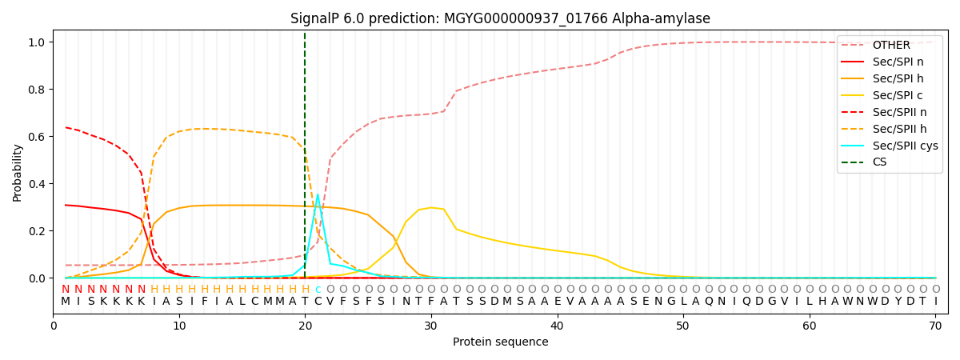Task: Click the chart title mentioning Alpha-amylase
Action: pyautogui.click(x=500, y=18)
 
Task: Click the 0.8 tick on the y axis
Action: pyautogui.click(x=37, y=90)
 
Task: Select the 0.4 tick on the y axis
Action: pyautogui.click(x=37, y=184)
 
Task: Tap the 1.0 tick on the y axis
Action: pyautogui.click(x=37, y=42)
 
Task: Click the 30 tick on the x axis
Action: pyautogui.click(x=430, y=326)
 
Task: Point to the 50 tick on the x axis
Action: pyautogui.click(x=682, y=326)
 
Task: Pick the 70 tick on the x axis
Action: pyautogui.click(x=935, y=326)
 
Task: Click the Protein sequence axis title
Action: pyautogui.click(x=500, y=342)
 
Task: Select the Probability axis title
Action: pyautogui.click(x=17, y=173)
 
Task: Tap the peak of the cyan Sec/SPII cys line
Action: pyautogui.click(x=318, y=194)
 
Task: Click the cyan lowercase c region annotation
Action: pyautogui.click(x=318, y=290)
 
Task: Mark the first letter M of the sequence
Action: pyautogui.click(x=66, y=302)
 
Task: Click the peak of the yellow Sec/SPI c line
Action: pyautogui.click(x=430, y=207)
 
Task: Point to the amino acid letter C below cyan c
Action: pyautogui.click(x=318, y=302)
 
